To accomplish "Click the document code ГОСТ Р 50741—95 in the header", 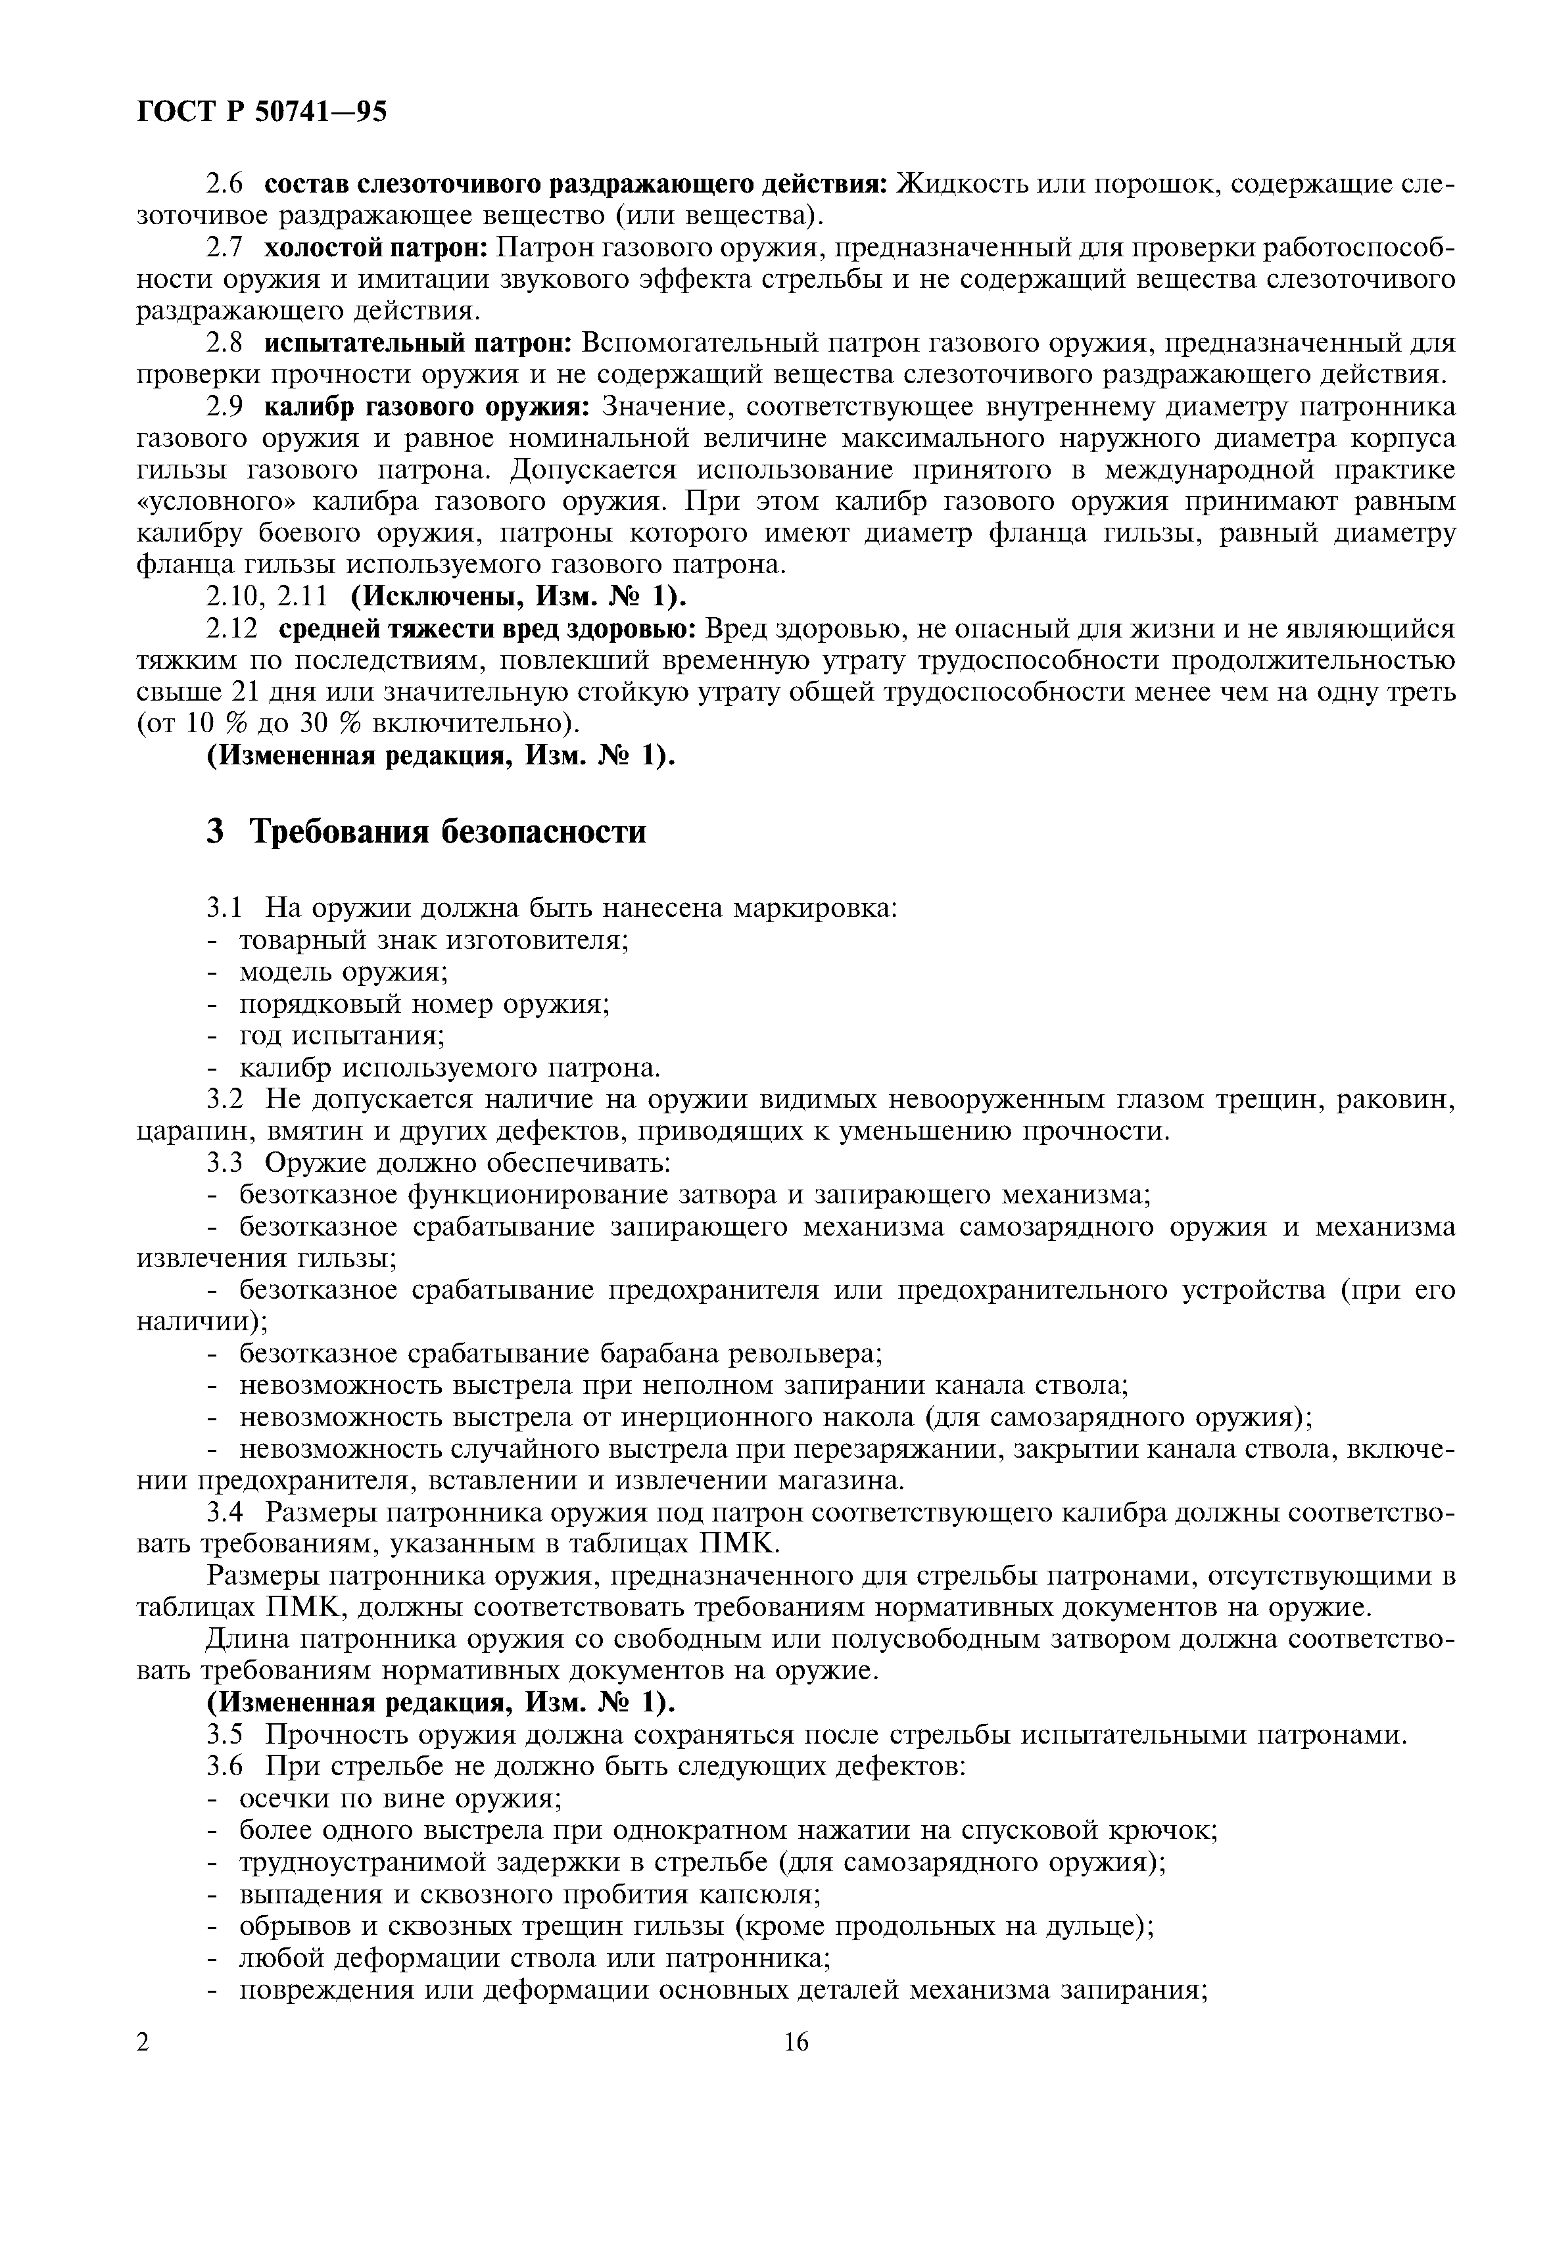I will point(261,112).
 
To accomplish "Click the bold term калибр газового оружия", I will point(427,406).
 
